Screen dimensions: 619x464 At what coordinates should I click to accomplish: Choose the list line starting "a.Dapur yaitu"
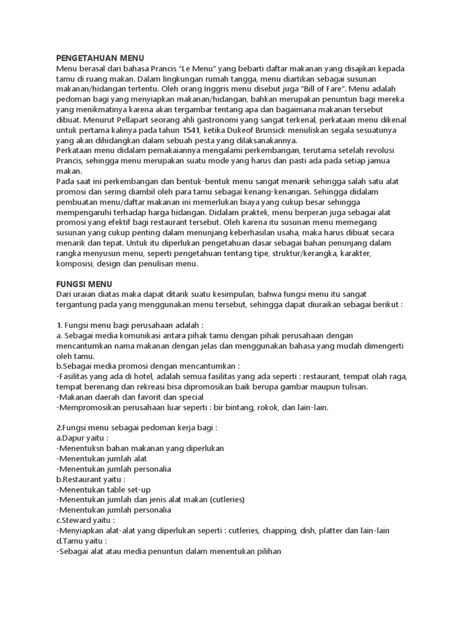pos(82,438)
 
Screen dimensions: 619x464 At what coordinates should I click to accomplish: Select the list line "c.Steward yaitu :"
pos(86,520)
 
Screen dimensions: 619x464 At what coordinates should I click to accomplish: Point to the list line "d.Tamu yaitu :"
pos(82,540)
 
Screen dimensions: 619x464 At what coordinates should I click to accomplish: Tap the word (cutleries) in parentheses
pos(222,499)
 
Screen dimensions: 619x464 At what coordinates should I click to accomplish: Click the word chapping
pos(305,530)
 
